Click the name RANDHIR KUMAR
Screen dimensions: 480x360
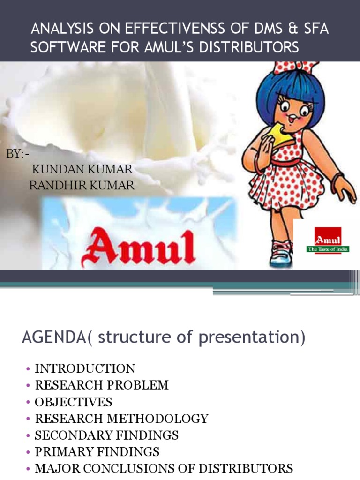pos(82,185)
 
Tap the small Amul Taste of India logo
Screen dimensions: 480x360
pos(328,240)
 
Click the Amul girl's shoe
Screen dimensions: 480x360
pos(281,254)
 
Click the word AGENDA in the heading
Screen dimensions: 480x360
pos(50,337)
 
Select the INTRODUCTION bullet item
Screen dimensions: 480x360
pos(85,368)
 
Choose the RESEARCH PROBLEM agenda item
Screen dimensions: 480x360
pos(102,385)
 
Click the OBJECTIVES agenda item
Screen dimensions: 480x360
pos(74,402)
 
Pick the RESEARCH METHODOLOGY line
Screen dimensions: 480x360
pos(121,419)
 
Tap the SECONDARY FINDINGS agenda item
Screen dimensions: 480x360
pos(106,435)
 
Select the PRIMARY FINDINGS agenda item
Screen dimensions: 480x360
pos(97,452)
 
